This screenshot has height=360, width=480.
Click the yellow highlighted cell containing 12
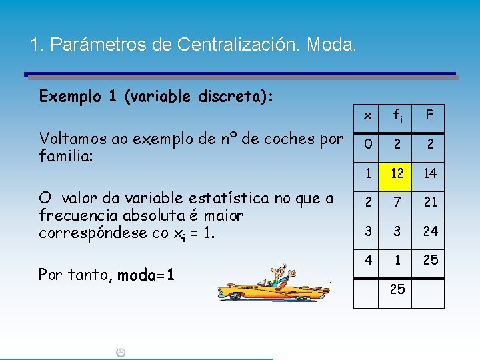pos(397,173)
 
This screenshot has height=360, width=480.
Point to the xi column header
pos(368,116)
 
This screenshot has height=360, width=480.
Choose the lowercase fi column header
pos(397,116)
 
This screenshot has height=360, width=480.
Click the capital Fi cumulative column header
pos(430,116)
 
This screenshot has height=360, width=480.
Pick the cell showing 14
pos(430,173)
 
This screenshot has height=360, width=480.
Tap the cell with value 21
pos(430,202)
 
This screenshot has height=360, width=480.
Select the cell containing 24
pos(430,231)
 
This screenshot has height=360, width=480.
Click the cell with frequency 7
pos(397,202)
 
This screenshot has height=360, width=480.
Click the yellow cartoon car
pos(267,290)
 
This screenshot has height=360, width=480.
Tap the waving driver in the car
pos(279,273)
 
